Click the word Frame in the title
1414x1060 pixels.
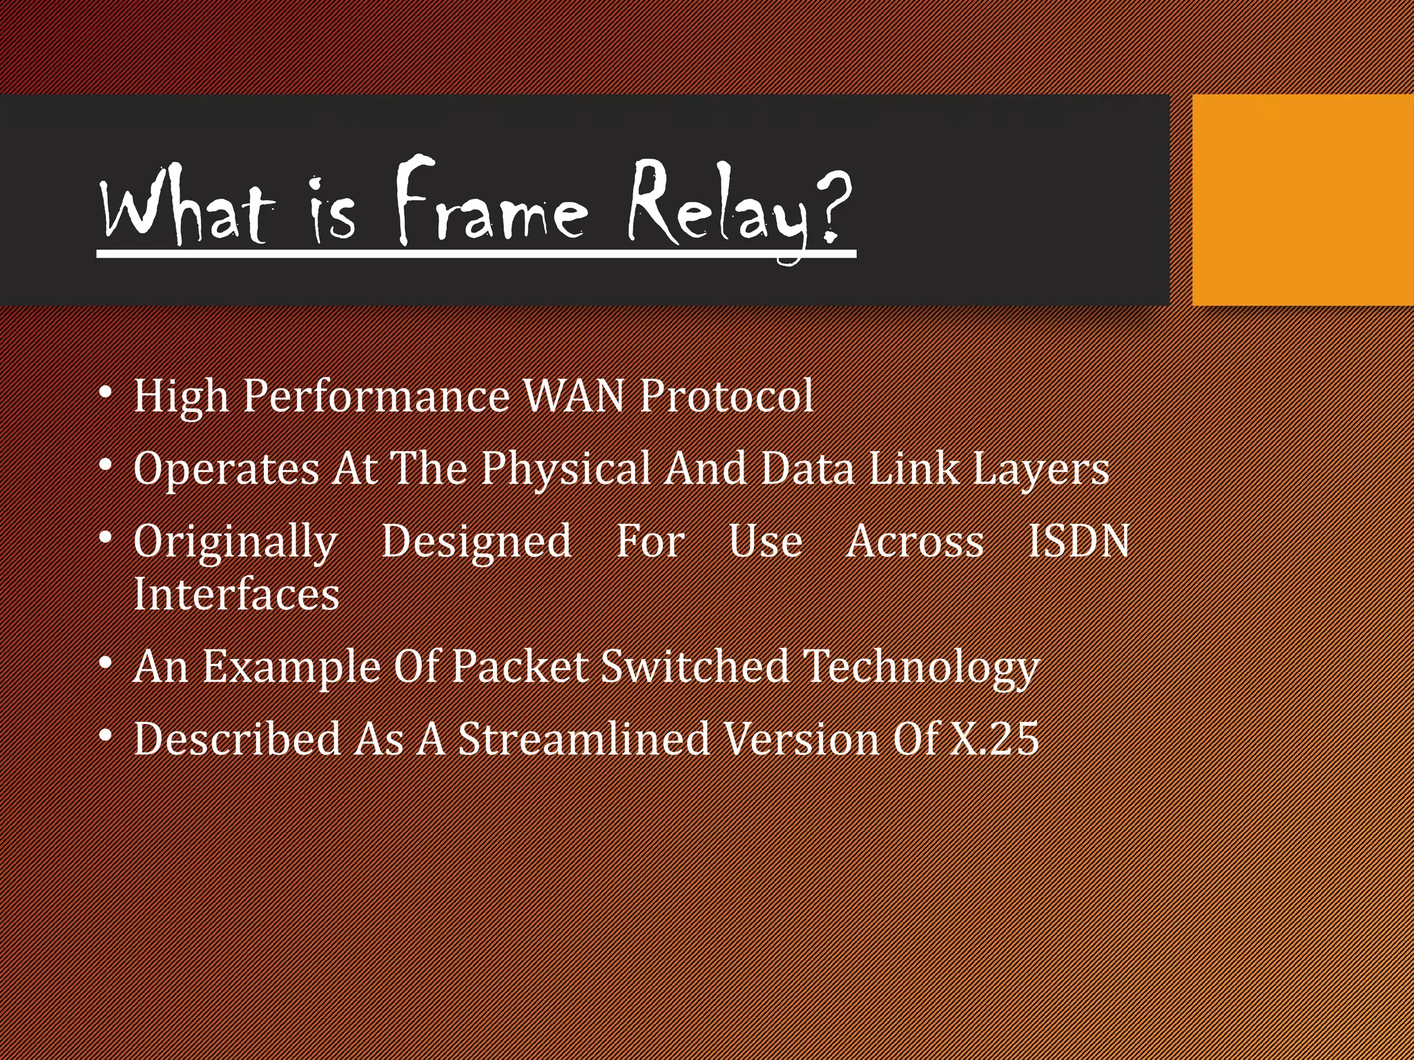pyautogui.click(x=492, y=204)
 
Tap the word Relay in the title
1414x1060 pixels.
pyautogui.click(x=718, y=207)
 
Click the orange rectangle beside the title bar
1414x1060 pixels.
pyautogui.click(x=1302, y=200)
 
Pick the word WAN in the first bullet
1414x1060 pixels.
pyautogui.click(x=574, y=396)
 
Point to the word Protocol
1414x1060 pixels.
pyautogui.click(x=726, y=396)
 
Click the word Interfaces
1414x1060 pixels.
pyautogui.click(x=236, y=594)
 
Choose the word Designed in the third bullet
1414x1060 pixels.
pyautogui.click(x=476, y=542)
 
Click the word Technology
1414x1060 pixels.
pyautogui.click(x=921, y=669)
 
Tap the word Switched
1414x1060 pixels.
pyautogui.click(x=695, y=667)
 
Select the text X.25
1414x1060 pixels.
pyautogui.click(x=994, y=738)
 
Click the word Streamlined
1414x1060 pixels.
pyautogui.click(x=584, y=738)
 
